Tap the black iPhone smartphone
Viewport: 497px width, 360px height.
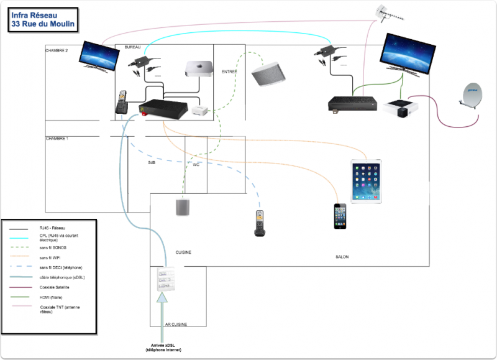coord(340,215)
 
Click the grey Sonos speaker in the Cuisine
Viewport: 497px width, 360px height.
coord(183,207)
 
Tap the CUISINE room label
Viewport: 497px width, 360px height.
coord(183,252)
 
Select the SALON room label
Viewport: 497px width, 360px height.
coord(342,256)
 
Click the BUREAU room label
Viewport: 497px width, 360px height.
coord(133,48)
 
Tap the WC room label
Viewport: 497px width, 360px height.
coord(196,165)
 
